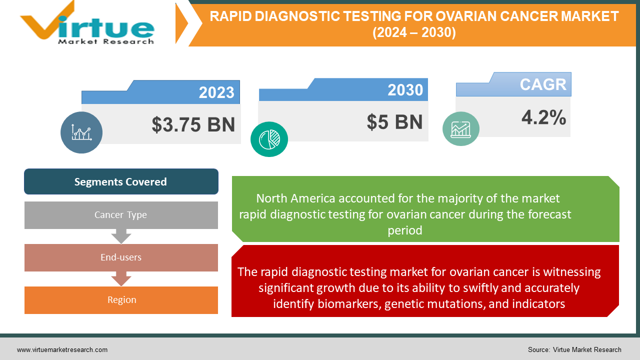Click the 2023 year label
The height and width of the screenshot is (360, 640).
click(216, 92)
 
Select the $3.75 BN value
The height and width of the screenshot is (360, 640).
click(193, 124)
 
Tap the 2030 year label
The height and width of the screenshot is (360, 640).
click(405, 90)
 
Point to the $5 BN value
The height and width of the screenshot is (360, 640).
click(394, 122)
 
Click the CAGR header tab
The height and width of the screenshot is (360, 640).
click(542, 84)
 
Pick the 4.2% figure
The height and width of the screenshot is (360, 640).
click(543, 117)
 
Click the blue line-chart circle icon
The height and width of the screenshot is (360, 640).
click(81, 132)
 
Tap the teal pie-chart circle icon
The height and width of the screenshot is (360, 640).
click(269, 139)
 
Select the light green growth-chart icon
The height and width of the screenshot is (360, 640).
click(460, 129)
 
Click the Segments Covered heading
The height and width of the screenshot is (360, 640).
click(121, 182)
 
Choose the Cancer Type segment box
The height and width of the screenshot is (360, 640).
click(121, 215)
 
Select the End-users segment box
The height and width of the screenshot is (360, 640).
click(121, 257)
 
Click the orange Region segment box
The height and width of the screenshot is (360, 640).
click(121, 300)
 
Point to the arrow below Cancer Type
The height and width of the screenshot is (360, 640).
click(121, 235)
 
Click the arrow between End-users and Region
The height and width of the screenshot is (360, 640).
click(121, 278)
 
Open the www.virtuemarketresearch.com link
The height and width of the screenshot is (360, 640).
click(62, 350)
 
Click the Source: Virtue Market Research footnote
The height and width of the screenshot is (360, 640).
click(574, 350)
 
